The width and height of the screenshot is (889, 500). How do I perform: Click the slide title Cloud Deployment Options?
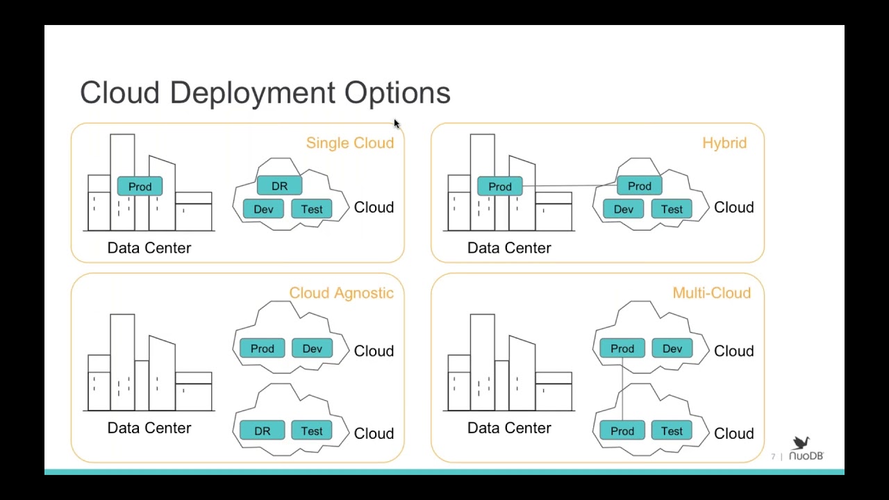265,93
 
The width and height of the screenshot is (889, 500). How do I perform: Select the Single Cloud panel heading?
349,143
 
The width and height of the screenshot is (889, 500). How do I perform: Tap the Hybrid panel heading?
724,143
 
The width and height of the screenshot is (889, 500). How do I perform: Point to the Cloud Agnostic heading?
341,293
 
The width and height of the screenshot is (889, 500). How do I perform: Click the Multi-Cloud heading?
711,293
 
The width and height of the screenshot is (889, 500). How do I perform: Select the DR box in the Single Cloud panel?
279,186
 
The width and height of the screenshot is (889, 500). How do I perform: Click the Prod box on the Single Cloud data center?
140,187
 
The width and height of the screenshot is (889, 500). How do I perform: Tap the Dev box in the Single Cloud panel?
263,209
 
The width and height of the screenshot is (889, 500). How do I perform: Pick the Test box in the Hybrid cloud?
672,209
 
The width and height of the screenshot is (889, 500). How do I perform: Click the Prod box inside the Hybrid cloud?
639,186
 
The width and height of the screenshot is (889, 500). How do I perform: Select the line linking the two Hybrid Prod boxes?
570,186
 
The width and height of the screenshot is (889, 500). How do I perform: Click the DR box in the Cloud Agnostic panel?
262,431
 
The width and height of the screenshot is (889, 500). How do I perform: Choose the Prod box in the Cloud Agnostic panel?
262,349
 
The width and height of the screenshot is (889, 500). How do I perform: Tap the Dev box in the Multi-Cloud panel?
672,349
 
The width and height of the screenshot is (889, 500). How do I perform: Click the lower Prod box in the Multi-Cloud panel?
622,431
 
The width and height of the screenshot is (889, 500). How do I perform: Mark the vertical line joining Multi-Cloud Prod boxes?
622,389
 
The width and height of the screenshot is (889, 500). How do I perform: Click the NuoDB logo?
806,449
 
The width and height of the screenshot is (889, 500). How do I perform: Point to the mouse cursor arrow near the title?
396,124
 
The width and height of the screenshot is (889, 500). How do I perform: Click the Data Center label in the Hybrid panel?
509,248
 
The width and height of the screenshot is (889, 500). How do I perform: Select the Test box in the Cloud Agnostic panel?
311,431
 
